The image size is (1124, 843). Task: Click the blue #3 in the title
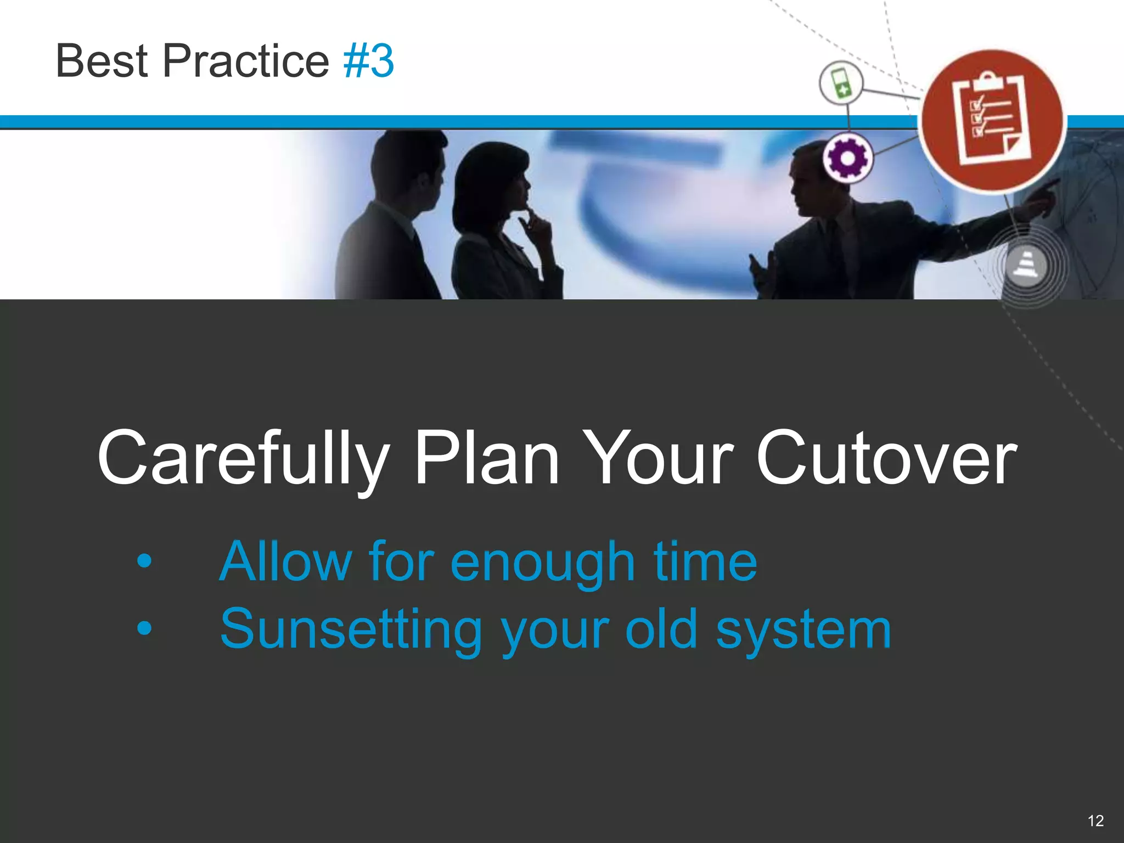coord(368,61)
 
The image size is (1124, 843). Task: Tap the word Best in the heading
coord(102,61)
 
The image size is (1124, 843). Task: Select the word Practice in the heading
coord(245,61)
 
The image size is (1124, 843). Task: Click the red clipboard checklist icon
coord(992,121)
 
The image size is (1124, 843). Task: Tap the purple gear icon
coord(847,159)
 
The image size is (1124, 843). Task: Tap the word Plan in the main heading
coord(486,458)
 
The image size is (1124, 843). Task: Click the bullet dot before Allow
coord(144,561)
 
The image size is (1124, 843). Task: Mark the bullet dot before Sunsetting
coord(144,628)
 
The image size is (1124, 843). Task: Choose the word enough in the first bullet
coord(542,563)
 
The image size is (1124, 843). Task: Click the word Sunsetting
coord(351,630)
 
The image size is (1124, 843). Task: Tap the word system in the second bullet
coord(803,630)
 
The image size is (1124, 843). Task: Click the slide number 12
coord(1095,821)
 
